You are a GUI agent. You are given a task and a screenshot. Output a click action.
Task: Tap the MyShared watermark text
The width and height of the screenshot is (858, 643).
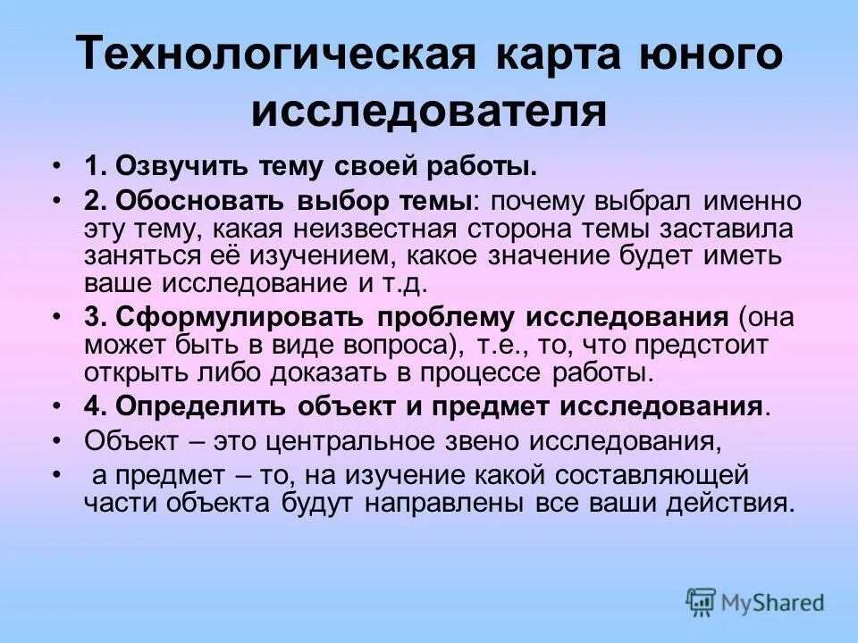point(774,603)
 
